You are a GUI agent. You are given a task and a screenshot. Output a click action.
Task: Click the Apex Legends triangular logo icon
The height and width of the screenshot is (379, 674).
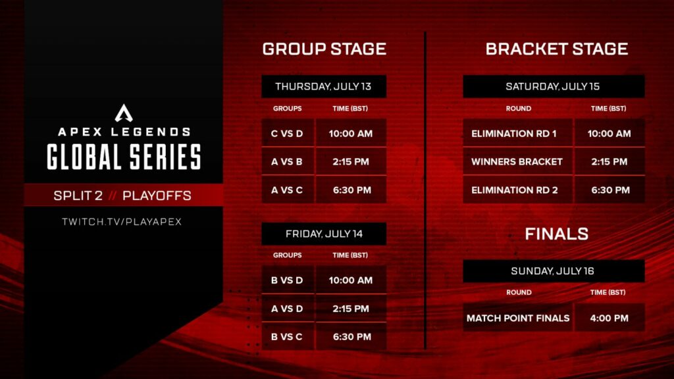(x=124, y=113)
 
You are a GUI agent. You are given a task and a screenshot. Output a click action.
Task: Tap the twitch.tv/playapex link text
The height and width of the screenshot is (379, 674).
(x=122, y=222)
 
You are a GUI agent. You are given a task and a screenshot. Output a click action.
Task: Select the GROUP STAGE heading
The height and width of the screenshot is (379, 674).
(x=324, y=49)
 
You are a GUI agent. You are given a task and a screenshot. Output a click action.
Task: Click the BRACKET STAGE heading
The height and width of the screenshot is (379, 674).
(x=556, y=49)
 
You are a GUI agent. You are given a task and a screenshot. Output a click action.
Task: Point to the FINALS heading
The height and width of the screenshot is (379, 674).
(x=556, y=234)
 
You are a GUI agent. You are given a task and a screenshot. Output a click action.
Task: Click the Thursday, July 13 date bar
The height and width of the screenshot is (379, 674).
(x=324, y=86)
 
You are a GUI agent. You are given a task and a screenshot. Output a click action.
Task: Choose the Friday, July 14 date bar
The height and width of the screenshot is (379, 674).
(x=324, y=234)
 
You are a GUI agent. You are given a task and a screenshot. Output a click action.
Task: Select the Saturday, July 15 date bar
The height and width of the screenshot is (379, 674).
(x=553, y=86)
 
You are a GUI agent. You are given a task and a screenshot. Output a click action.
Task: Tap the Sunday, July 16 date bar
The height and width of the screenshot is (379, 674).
(x=553, y=270)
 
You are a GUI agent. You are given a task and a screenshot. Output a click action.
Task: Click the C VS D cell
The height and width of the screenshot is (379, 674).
(x=287, y=134)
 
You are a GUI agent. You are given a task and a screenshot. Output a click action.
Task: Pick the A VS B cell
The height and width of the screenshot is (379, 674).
(x=287, y=162)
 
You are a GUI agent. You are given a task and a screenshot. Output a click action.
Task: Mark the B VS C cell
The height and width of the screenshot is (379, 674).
(x=287, y=336)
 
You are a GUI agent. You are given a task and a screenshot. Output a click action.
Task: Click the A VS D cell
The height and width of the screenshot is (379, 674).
(x=287, y=309)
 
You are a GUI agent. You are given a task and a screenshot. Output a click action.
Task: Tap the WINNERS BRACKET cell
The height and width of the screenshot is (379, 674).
(x=517, y=162)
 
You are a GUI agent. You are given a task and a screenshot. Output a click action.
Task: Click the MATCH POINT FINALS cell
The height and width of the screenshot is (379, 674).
(x=517, y=318)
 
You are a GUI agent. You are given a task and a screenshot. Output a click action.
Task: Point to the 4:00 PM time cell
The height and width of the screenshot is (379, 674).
(x=609, y=318)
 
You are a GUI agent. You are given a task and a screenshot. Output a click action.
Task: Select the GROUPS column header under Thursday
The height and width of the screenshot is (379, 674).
(x=287, y=109)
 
